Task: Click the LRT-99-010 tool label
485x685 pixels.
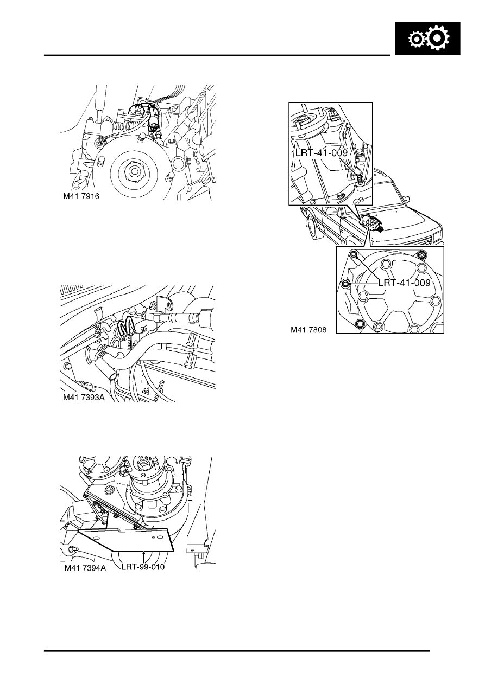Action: point(142,567)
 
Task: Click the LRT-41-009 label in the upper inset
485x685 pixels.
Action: point(321,153)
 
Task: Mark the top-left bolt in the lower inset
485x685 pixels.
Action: point(354,254)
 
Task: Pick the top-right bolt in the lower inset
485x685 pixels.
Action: point(422,255)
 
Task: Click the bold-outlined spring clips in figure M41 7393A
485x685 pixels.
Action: point(127,327)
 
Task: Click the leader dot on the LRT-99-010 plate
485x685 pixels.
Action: point(143,553)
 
